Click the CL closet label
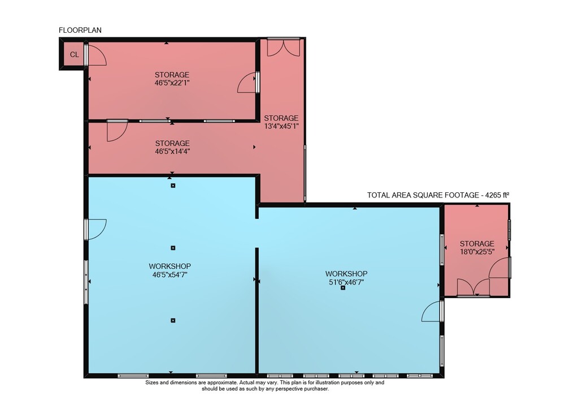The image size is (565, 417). (74, 54)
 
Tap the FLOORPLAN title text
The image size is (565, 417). (80, 31)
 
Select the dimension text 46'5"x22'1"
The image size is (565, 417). (172, 83)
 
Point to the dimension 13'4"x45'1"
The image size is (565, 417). (281, 126)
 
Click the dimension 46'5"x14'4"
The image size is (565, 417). (172, 152)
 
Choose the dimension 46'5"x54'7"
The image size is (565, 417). (169, 274)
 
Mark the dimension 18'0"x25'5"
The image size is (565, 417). (477, 252)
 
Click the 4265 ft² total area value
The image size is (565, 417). (497, 195)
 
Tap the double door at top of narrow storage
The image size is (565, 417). (283, 48)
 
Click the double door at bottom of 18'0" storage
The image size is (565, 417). (473, 287)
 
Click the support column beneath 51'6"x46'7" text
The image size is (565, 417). (343, 288)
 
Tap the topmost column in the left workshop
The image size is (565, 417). (173, 186)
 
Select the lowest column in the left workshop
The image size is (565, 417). (173, 320)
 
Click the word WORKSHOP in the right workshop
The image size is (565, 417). (346, 274)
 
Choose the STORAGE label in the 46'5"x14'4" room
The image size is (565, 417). (172, 143)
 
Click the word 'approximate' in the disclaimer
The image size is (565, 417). (221, 382)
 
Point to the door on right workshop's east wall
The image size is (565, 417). (431, 311)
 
